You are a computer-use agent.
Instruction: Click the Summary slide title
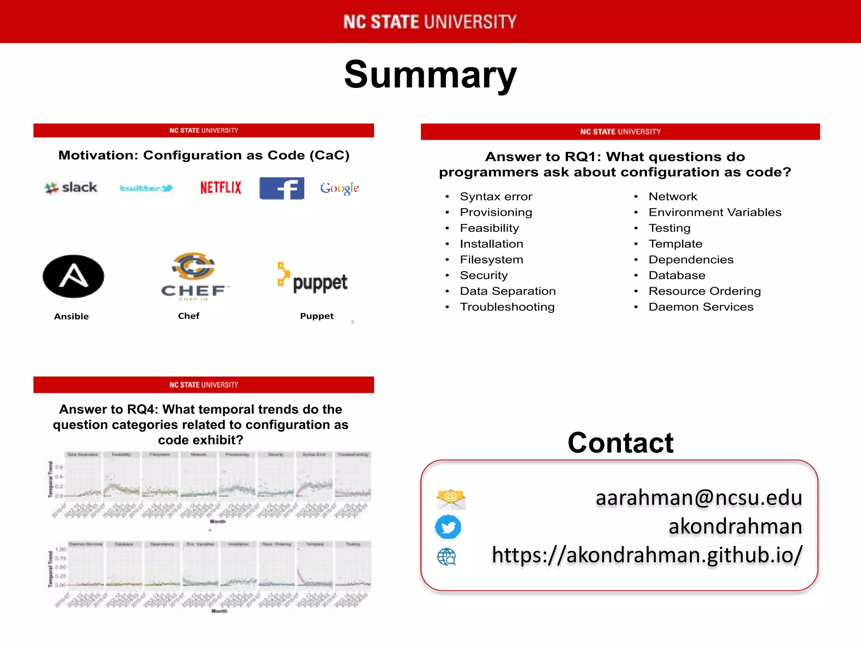point(430,75)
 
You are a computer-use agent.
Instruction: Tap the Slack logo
point(71,188)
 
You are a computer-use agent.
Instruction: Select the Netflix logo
point(221,188)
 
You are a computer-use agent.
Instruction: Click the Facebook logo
point(282,188)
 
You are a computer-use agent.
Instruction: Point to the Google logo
point(339,188)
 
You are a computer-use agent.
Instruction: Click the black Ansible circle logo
point(74,276)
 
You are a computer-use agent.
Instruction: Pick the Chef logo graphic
point(194,275)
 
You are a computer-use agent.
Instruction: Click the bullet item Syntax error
point(496,196)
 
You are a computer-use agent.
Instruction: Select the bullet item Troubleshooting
point(507,307)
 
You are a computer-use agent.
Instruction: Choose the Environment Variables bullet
point(715,212)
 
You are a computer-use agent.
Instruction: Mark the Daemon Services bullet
point(701,307)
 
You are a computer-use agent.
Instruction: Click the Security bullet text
point(483,275)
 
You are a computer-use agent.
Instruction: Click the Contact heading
point(621,443)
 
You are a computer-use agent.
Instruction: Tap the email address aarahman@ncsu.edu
point(699,498)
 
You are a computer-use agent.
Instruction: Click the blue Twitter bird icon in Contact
point(448,527)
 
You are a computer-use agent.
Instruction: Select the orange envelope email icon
point(451,499)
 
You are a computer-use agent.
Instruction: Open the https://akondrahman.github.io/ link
point(647,555)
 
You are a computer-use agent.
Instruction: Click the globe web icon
point(446,557)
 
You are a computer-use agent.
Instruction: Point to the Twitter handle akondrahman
point(735,527)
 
